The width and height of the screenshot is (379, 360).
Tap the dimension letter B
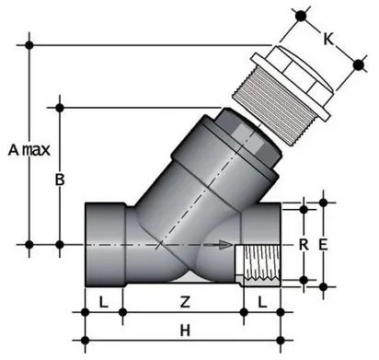pyautogui.click(x=60, y=180)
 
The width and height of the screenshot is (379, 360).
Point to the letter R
pyautogui.click(x=302, y=244)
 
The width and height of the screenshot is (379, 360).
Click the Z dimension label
pyautogui.click(x=184, y=302)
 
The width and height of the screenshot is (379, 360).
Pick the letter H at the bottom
pyautogui.click(x=184, y=330)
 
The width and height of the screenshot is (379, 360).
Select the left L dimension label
pyautogui.click(x=103, y=302)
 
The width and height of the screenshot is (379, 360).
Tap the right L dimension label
pyautogui.click(x=262, y=302)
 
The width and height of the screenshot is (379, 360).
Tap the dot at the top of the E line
pyautogui.click(x=323, y=200)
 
